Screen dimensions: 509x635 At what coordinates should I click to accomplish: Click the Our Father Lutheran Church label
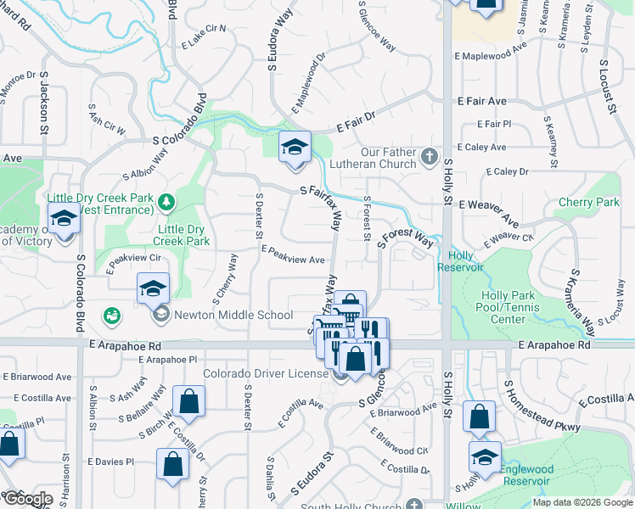[x=388, y=158]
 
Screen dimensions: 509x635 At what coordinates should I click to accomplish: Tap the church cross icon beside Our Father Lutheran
[x=430, y=157]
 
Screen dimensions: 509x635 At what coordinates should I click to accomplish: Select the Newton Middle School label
[x=233, y=316]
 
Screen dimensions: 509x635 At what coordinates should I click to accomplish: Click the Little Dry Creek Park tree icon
[x=167, y=201]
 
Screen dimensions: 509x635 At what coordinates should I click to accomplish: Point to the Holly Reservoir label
[x=460, y=261]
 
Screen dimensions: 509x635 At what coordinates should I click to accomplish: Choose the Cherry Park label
[x=589, y=203]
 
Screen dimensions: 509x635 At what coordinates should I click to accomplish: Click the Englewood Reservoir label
[x=526, y=475]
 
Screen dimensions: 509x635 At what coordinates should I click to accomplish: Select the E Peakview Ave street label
[x=294, y=255]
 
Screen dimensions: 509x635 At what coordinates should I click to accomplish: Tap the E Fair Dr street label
[x=355, y=122]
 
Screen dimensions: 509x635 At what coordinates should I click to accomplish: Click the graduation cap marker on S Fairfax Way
[x=294, y=148]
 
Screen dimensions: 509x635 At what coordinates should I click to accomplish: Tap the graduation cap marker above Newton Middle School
[x=153, y=289]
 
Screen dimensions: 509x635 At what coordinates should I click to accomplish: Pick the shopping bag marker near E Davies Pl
[x=172, y=465]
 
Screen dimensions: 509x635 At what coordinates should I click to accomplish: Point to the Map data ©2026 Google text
[x=582, y=502]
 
